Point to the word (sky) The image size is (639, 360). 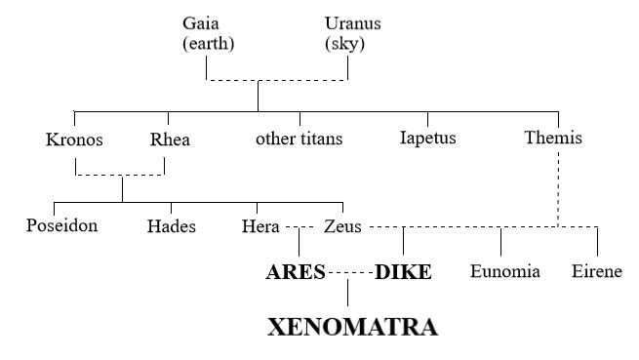pos(345,43)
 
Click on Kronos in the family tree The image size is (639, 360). pos(74,139)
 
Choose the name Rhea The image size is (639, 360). pos(170,139)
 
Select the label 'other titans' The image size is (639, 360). pos(299,139)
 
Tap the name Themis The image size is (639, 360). pos(553,139)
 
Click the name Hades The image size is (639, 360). pos(171,227)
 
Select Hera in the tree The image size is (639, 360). pos(260,227)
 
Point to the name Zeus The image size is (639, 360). pos(341,227)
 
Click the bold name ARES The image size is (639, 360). pos(295,272)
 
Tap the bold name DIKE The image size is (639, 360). pos(403,272)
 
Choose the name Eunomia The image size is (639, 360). pos(504,272)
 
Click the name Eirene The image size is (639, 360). pos(596,272)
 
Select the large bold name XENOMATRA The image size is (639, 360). pos(353,326)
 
